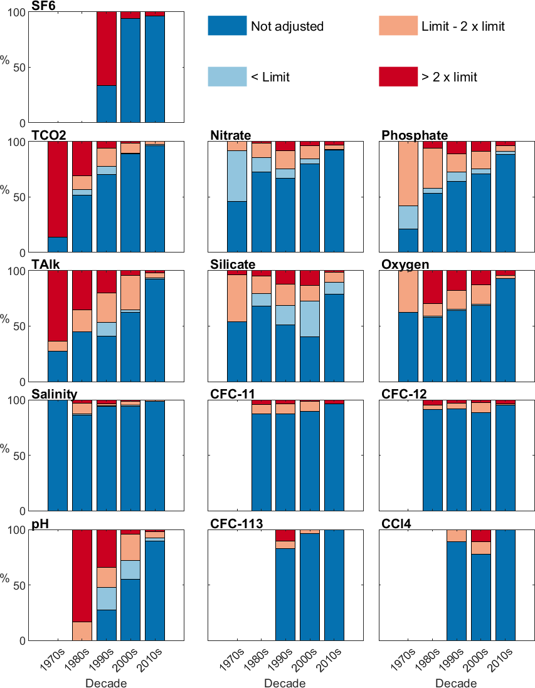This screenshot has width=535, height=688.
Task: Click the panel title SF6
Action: click(43, 6)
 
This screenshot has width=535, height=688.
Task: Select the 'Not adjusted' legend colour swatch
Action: click(227, 26)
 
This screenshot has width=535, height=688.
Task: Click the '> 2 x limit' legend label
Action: click(449, 77)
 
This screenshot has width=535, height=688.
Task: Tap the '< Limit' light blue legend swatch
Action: click(227, 76)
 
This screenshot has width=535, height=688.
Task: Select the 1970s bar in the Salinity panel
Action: click(58, 455)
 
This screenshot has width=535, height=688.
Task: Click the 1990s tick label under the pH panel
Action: click(103, 660)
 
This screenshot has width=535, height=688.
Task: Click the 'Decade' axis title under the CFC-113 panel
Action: click(285, 682)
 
